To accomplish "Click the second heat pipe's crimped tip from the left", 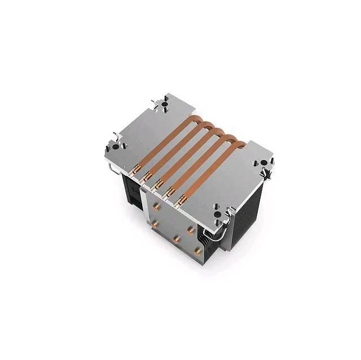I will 147,175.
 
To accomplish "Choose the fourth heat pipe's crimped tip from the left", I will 170,192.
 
